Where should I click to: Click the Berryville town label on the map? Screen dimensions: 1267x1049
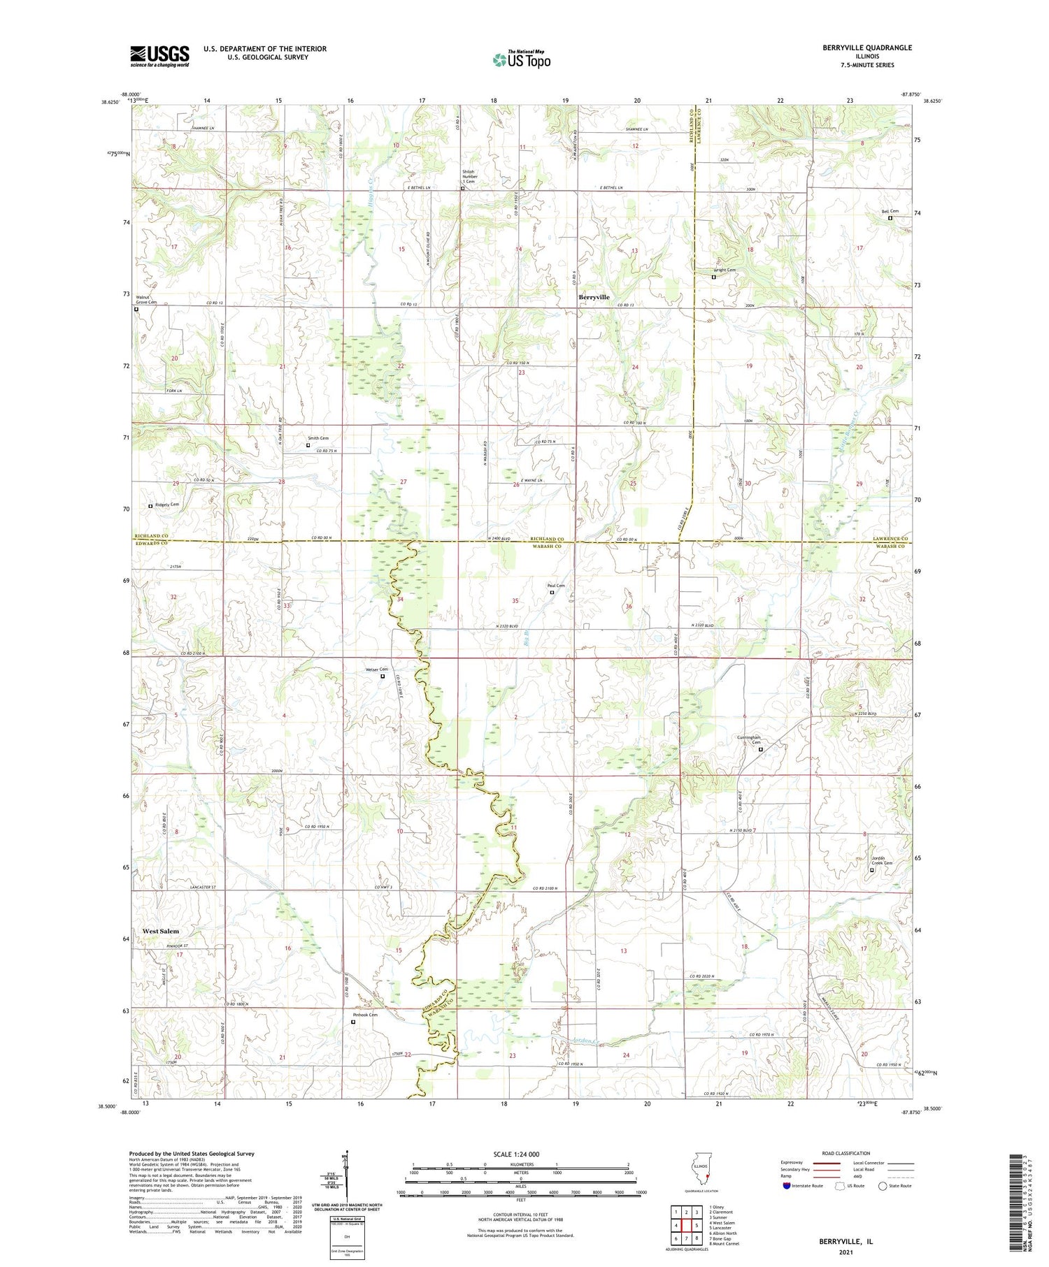tap(594, 297)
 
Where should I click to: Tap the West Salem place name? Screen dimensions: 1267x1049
tap(161, 931)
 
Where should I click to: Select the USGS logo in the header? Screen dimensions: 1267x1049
tap(159, 56)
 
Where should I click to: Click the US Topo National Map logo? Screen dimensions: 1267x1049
tap(521, 59)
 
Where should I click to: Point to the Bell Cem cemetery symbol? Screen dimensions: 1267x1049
tap(890, 218)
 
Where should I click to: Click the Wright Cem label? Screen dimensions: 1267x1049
tap(724, 270)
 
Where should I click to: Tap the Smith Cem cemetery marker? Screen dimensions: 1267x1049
tap(308, 444)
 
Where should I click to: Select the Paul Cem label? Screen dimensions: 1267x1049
tap(555, 586)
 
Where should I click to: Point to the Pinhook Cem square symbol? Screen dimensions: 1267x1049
tap(353, 1022)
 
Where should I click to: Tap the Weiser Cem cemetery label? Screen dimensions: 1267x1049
tap(376, 669)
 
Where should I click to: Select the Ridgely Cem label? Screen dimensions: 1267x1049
tap(167, 504)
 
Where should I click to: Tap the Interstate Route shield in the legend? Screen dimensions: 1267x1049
tap(787, 1186)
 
